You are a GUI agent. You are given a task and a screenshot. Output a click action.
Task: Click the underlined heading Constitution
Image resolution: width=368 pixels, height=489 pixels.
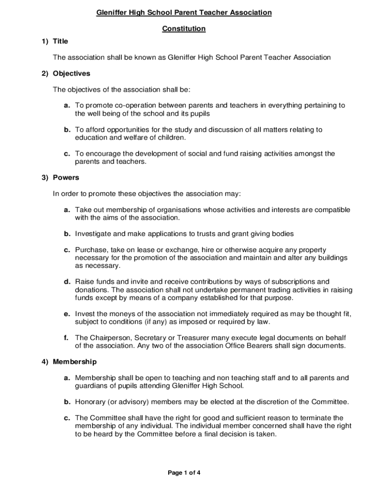184,29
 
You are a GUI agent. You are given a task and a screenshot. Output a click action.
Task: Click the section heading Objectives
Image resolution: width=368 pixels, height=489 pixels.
71,74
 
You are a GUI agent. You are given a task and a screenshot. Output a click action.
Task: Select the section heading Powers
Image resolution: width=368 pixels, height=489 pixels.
66,178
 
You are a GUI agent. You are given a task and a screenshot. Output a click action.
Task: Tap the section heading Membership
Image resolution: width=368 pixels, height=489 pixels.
75,361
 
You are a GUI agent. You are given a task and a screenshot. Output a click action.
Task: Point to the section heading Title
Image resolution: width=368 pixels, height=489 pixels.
60,41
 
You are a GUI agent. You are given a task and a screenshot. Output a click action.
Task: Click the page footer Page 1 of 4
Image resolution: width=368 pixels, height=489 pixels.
184,473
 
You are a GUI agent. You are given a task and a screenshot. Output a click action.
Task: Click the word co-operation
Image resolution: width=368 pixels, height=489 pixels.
132,106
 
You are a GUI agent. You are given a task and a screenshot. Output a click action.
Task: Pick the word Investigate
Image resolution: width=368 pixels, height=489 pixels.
94,234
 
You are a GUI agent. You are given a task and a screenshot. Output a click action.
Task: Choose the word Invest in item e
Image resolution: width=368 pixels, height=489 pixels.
85,314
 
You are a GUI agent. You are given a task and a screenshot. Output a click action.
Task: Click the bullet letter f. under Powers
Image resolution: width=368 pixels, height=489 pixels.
66,338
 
